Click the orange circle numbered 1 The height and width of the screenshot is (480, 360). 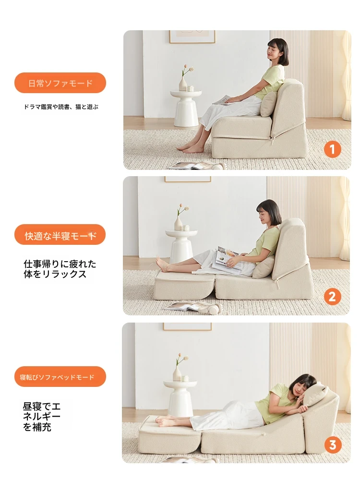click(332, 149)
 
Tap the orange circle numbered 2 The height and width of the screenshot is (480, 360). click(332, 297)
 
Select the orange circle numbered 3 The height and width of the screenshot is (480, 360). click(333, 445)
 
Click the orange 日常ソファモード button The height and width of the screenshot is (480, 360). click(60, 83)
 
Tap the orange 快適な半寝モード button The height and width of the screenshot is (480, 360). click(60, 235)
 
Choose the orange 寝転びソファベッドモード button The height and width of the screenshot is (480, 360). click(60, 377)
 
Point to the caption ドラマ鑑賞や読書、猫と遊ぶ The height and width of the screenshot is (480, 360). click(61, 107)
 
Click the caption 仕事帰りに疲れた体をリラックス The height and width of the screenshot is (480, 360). click(60, 269)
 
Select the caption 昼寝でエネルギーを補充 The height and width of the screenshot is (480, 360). click(42, 417)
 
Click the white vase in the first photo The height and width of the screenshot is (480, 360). click(183, 84)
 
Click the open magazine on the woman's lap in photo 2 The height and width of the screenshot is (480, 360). click(228, 258)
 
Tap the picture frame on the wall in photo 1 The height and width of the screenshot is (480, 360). click(192, 36)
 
